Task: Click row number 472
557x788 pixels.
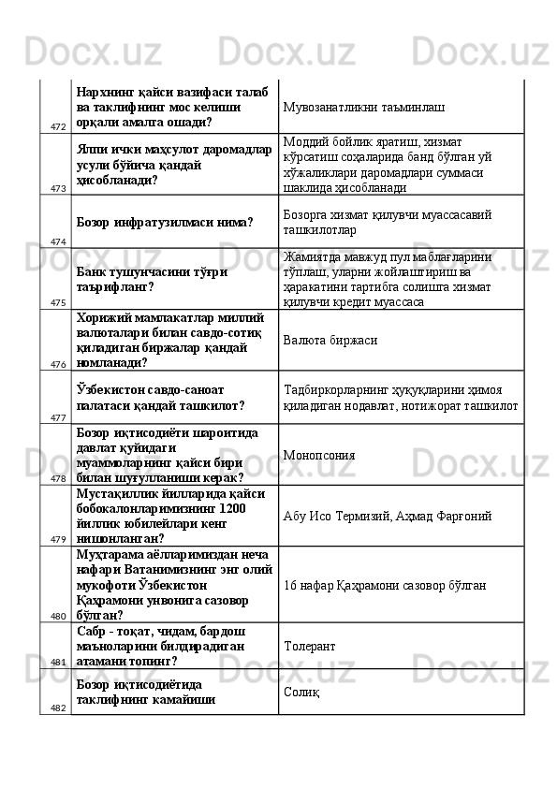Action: click(58, 126)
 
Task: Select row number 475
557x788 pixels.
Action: click(58, 302)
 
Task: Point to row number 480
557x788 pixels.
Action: click(58, 617)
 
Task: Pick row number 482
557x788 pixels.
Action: click(58, 708)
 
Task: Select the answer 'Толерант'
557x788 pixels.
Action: click(310, 646)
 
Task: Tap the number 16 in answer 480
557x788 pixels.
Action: click(289, 584)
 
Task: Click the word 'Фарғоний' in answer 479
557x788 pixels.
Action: click(463, 516)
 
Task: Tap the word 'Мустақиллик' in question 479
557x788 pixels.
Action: click(117, 493)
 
